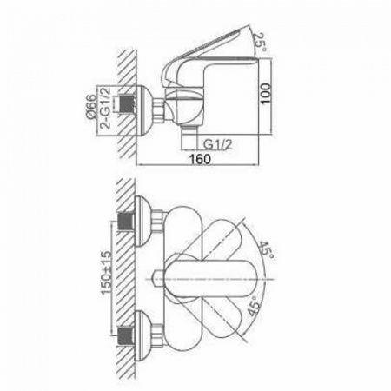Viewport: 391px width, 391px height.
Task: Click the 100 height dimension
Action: click(x=265, y=93)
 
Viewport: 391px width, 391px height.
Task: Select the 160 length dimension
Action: click(x=200, y=158)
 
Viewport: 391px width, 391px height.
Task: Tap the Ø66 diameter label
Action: click(x=91, y=106)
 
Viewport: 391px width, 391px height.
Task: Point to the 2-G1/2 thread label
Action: click(x=105, y=108)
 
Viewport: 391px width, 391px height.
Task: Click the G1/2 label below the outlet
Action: click(x=218, y=144)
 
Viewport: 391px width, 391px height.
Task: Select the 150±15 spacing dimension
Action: click(x=106, y=272)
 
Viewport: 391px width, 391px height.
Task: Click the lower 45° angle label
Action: click(x=253, y=306)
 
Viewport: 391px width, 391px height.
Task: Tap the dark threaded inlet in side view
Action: click(x=126, y=104)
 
